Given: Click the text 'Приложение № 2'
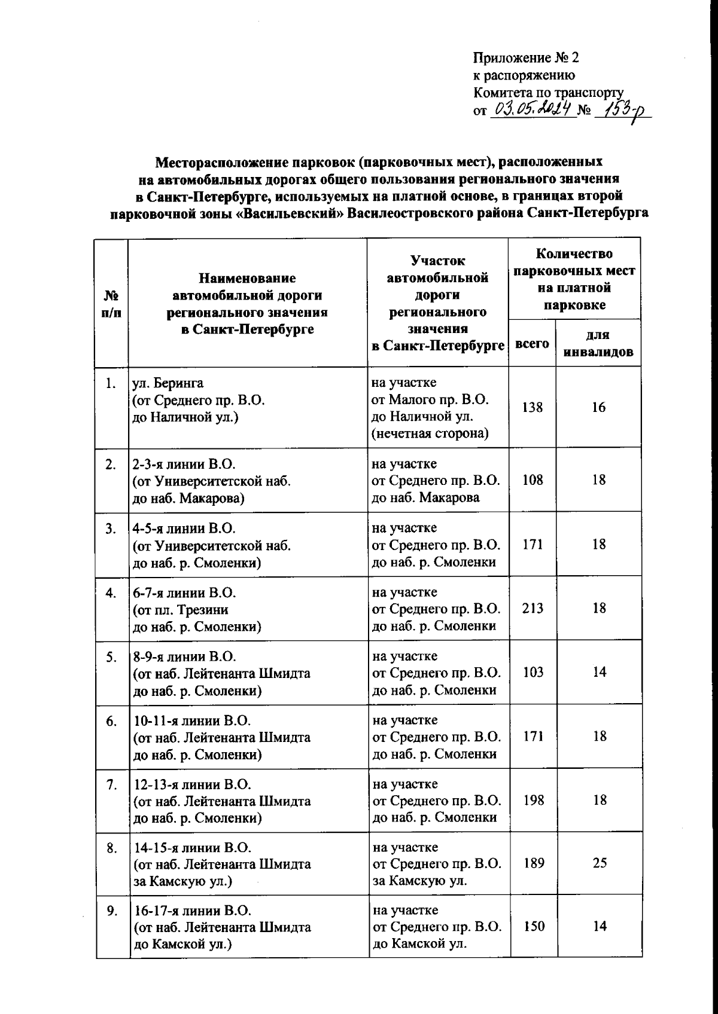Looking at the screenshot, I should [x=527, y=58].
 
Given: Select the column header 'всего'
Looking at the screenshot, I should [x=532, y=343].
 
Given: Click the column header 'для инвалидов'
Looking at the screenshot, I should [x=598, y=343].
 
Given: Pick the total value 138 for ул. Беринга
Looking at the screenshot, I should [x=532, y=407].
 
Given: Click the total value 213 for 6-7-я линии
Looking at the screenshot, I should [x=532, y=608].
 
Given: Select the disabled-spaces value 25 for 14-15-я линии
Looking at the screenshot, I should [x=599, y=863].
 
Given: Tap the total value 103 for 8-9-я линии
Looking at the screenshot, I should [x=532, y=672].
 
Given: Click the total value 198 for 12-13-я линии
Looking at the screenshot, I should [x=532, y=800].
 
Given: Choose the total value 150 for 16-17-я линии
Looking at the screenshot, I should [x=532, y=926].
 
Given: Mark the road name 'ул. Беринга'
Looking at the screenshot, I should [x=168, y=383].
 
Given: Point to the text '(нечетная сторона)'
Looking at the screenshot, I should [x=430, y=433].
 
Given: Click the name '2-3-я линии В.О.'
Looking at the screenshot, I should [x=185, y=464].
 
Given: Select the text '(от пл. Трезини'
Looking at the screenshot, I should [x=180, y=610].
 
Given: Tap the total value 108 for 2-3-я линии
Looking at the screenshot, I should [x=532, y=479].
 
